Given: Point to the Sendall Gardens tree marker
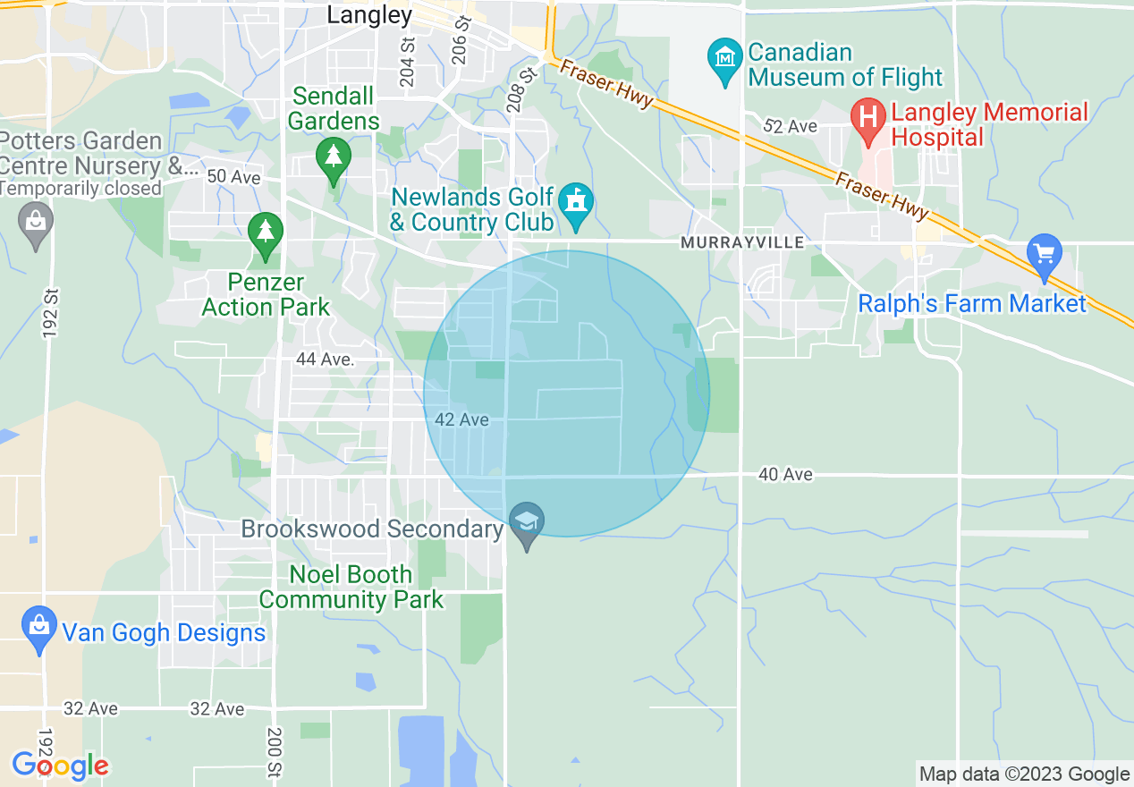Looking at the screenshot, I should point(334,157).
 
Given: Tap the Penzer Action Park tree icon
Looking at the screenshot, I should point(265,233).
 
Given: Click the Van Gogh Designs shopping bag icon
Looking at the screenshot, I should point(38,628).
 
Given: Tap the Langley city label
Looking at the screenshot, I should point(369,15).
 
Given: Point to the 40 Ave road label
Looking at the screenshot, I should point(785,474).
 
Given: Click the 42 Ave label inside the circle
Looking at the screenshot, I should point(461,419).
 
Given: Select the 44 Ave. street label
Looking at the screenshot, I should point(326,360).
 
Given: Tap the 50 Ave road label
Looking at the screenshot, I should point(233,177).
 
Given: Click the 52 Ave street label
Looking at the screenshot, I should point(791,127).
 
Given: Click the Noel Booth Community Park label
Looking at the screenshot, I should point(351,587).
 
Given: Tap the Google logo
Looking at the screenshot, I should point(60,766).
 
